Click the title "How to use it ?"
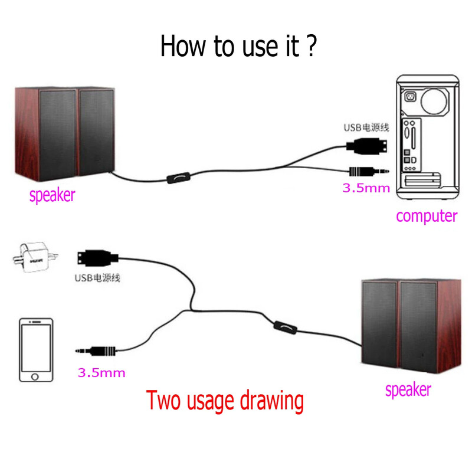click(x=238, y=46)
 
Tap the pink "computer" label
click(x=426, y=215)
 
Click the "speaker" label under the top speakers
click(x=52, y=195)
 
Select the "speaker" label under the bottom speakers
click(x=408, y=389)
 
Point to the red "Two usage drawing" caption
click(x=225, y=401)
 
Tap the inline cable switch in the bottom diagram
click(x=283, y=325)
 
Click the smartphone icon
click(x=36, y=350)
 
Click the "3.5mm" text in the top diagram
click(x=366, y=189)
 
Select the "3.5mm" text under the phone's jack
click(x=101, y=373)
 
